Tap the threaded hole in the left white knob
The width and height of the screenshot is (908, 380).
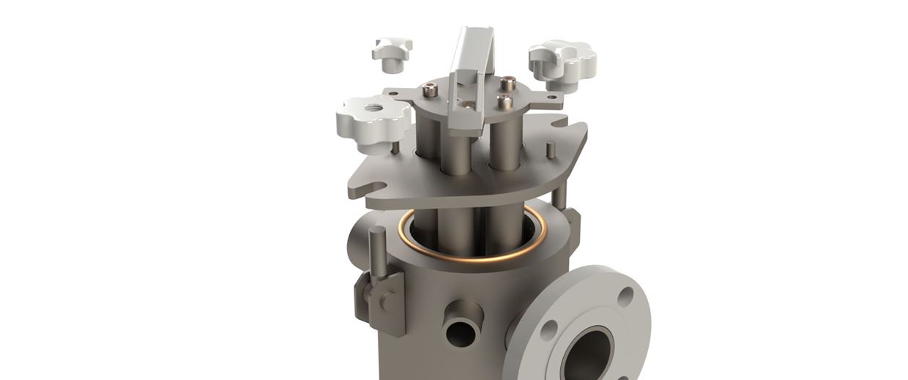tap(374, 108)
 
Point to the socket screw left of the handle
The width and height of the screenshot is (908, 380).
tap(431, 90)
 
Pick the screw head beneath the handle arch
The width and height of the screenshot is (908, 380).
tap(466, 103)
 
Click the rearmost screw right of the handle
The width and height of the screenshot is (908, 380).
tap(507, 83)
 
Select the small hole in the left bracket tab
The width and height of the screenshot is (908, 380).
tap(393, 93)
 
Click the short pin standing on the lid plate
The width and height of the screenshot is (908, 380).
tap(551, 149)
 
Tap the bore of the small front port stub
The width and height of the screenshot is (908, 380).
tap(461, 334)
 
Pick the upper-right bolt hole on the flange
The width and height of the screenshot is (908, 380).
tap(625, 297)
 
